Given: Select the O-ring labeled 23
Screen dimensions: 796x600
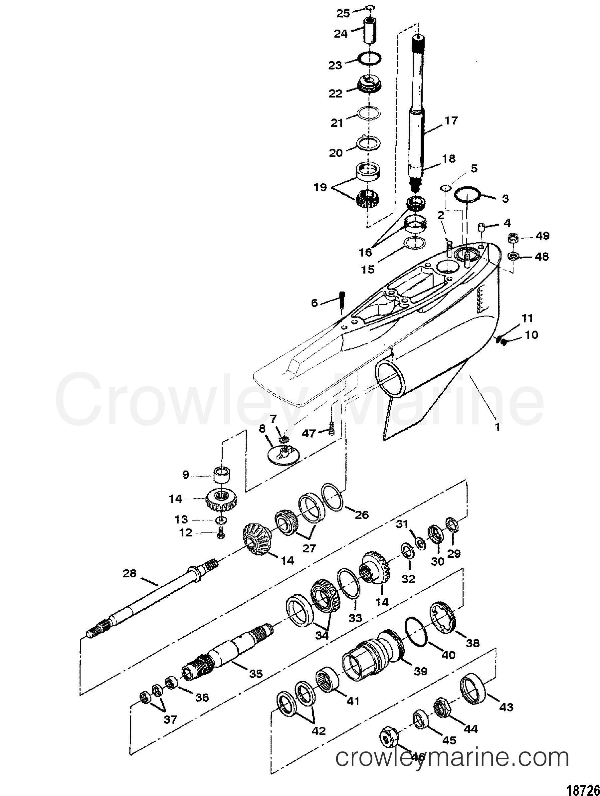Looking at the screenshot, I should (370, 59).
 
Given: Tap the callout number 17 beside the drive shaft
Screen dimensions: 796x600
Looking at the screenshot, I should (451, 120).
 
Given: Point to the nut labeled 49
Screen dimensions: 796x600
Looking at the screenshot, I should (512, 238).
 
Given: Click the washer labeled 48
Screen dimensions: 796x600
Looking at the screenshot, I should (513, 256).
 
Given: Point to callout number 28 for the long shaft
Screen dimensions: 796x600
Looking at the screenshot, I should (129, 573).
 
